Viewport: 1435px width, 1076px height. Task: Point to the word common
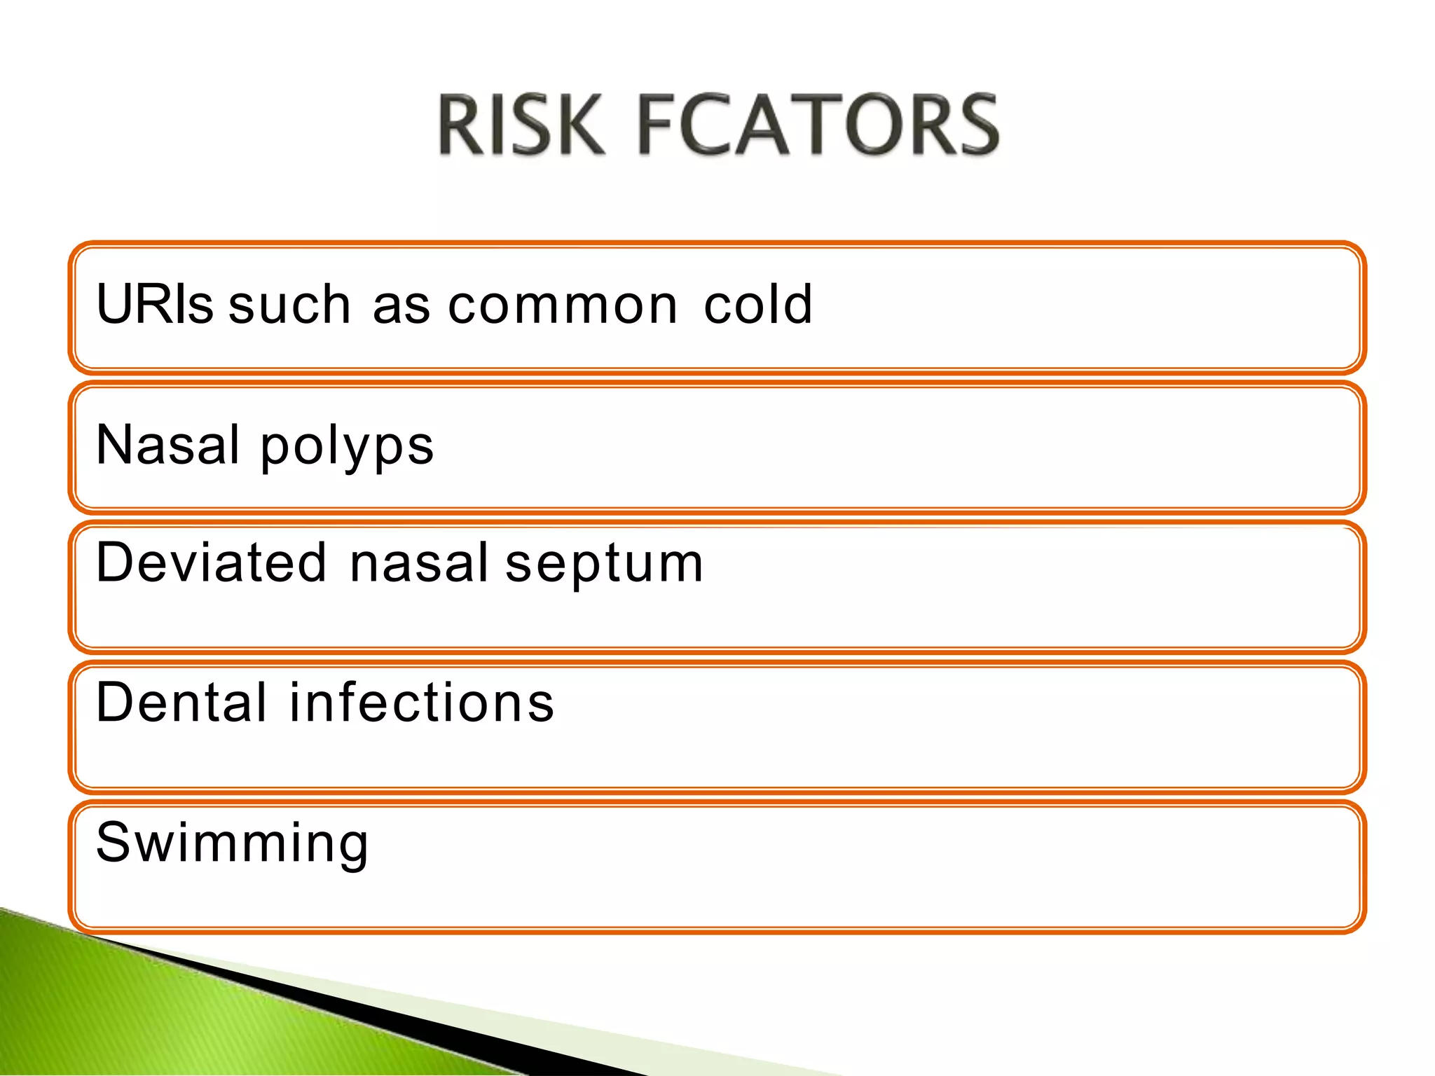click(563, 305)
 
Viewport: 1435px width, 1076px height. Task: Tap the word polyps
click(348, 448)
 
